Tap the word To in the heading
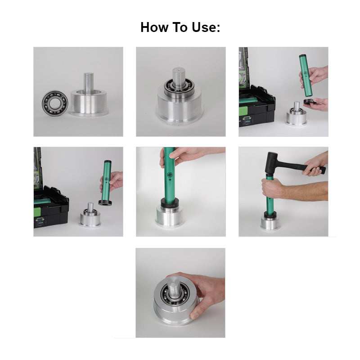point(182,27)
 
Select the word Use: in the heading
point(206,27)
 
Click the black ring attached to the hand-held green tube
point(105,202)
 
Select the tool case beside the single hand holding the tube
point(50,209)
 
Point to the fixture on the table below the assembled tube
point(90,217)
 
